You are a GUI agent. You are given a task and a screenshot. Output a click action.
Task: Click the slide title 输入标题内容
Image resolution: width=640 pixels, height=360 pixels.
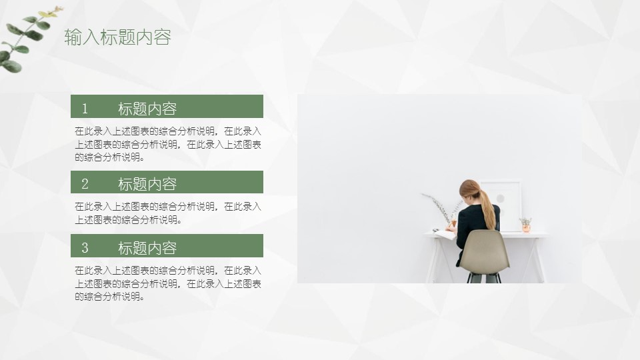(x=117, y=37)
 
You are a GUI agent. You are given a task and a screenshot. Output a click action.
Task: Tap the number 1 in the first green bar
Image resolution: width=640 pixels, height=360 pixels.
(x=85, y=109)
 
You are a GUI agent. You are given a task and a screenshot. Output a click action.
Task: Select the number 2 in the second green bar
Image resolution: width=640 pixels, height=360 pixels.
(x=85, y=184)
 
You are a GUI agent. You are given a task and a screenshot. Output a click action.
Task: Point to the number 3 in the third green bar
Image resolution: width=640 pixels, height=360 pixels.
(x=85, y=248)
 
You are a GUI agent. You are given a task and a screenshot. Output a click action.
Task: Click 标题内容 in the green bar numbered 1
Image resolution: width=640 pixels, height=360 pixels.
(x=147, y=109)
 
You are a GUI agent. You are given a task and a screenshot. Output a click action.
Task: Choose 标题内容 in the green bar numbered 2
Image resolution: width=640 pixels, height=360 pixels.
(x=147, y=184)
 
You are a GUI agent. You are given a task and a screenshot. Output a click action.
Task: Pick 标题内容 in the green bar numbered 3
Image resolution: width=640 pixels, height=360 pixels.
(x=147, y=248)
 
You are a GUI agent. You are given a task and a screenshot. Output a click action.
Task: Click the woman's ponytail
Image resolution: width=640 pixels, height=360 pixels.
(x=488, y=208)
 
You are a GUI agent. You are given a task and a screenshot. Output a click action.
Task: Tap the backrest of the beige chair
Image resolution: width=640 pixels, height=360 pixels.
(x=485, y=249)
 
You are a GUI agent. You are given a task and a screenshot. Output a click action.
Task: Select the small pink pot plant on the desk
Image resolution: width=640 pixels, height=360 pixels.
(x=526, y=225)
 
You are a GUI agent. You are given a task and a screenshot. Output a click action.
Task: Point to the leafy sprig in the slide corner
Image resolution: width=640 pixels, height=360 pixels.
(x=28, y=39)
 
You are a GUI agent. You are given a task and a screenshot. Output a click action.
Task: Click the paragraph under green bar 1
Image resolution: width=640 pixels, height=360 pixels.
(x=168, y=144)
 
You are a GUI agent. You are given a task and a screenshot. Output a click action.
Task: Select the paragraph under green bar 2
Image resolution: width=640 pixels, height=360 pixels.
(x=168, y=213)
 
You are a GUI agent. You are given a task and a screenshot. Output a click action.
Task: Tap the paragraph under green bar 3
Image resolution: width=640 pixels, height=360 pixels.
(x=168, y=283)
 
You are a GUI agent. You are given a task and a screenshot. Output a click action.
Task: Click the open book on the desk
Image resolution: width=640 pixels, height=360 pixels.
(x=445, y=234)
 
